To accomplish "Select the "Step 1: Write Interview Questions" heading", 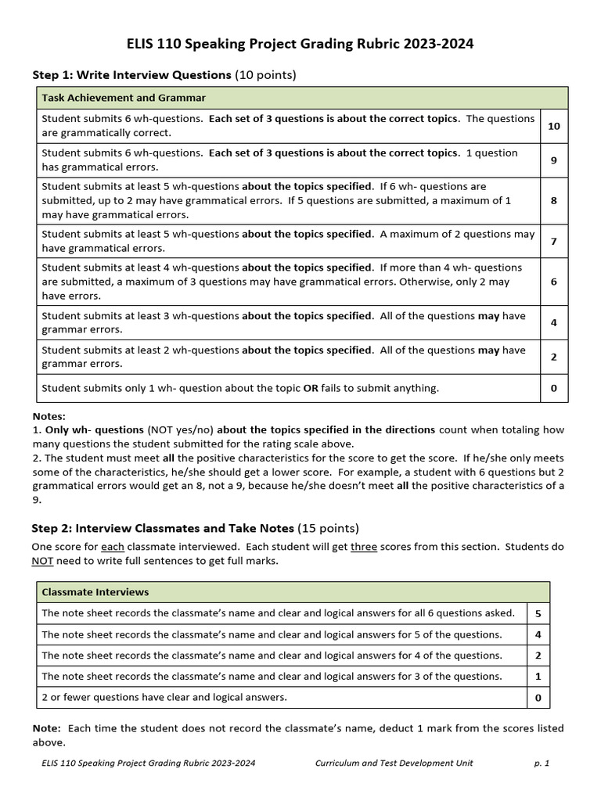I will click(131, 75).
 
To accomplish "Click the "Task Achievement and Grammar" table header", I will click(124, 98).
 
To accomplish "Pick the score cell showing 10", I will click(553, 126).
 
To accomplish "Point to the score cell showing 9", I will click(553, 160).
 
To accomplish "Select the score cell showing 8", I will click(553, 200).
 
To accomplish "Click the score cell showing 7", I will click(553, 241).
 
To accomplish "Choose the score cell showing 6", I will click(553, 282).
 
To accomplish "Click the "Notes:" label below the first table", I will click(49, 416).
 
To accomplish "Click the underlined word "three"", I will click(363, 547).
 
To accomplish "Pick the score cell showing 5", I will click(538, 613).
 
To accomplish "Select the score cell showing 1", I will click(538, 676).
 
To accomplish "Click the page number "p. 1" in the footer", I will click(542, 763).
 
